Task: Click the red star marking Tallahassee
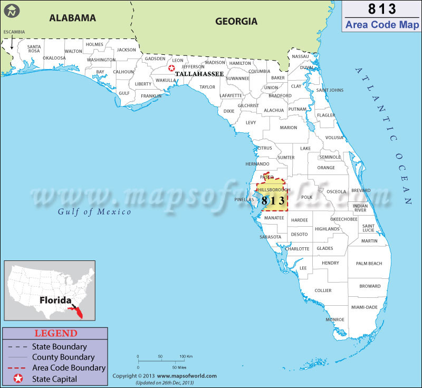click(x=171, y=68)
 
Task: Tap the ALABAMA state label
click(x=73, y=18)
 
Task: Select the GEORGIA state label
click(x=236, y=22)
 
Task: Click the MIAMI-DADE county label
click(x=364, y=307)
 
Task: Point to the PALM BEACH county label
click(x=369, y=263)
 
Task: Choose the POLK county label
click(x=307, y=197)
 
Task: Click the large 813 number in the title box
click(x=382, y=10)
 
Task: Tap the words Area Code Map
click(x=382, y=24)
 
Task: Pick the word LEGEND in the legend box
click(x=56, y=333)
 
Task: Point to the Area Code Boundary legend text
click(x=69, y=368)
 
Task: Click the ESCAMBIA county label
click(x=14, y=32)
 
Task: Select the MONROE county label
click(x=335, y=319)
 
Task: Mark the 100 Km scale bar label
click(x=186, y=357)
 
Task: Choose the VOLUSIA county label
click(x=334, y=138)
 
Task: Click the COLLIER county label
click(x=323, y=290)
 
